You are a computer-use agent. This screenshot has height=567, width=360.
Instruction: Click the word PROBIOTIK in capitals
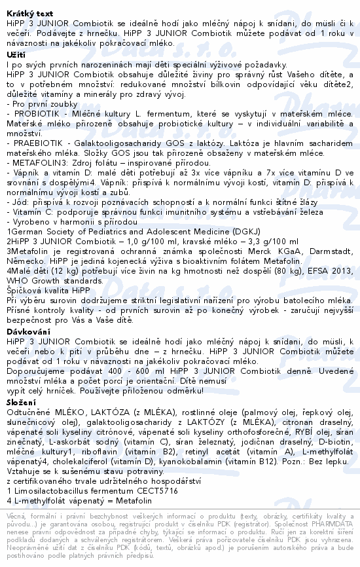coord(32,113)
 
